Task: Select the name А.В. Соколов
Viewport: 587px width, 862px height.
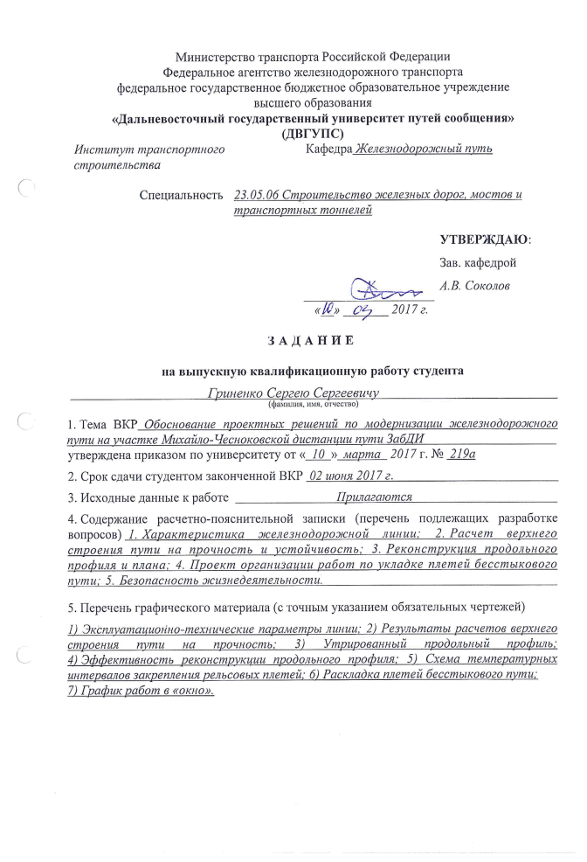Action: [x=475, y=286]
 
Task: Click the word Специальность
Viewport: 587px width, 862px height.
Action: [x=181, y=195]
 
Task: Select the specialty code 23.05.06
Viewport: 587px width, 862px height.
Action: [x=256, y=195]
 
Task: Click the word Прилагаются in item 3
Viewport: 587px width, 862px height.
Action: [x=375, y=497]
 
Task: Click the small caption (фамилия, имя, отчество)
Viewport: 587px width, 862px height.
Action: [x=312, y=406]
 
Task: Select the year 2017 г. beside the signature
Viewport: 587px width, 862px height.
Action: [x=409, y=309]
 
